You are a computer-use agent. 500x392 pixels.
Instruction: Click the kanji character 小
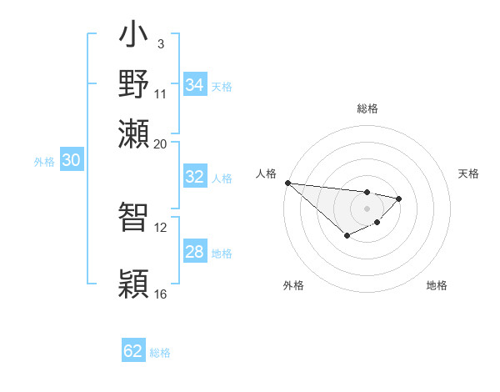point(134,37)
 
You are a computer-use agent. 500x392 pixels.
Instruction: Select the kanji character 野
point(134,85)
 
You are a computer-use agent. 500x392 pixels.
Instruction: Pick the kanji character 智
point(134,219)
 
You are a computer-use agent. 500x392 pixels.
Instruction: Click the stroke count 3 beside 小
point(160,43)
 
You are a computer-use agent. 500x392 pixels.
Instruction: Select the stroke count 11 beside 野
point(160,93)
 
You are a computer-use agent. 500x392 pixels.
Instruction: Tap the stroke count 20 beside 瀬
point(160,143)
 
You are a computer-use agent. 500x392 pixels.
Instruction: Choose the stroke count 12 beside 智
point(160,227)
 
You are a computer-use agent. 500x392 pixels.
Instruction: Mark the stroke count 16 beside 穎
point(160,294)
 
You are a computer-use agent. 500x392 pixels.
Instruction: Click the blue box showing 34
point(194,85)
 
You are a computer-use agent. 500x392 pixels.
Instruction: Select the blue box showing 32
point(194,177)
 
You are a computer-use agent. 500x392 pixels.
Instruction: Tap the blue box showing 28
point(194,252)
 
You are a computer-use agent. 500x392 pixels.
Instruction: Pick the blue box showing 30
point(71,161)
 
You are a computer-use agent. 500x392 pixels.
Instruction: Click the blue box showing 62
point(133,351)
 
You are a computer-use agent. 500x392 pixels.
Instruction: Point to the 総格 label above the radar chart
point(367,108)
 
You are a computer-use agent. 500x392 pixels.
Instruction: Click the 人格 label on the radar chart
point(267,173)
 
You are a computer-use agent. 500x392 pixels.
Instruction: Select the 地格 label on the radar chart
point(437,285)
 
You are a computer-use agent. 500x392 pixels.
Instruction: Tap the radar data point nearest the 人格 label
point(287,183)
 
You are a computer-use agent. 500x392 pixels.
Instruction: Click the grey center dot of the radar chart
point(367,208)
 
